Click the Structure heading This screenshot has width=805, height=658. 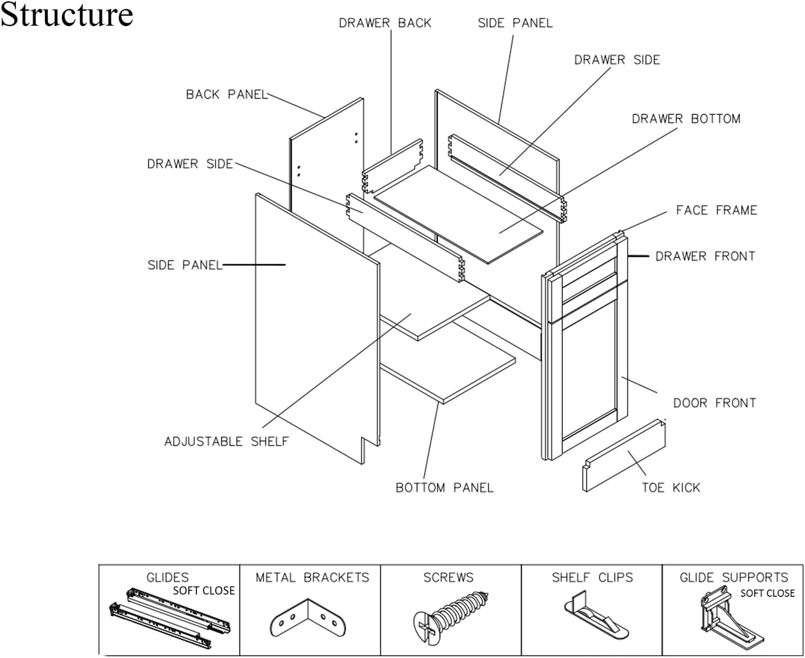67,15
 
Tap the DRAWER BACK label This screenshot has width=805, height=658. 385,23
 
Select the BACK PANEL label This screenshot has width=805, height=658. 227,94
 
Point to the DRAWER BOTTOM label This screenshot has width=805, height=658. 686,119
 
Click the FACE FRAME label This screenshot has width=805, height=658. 717,210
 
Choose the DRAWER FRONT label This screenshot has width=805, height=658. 705,256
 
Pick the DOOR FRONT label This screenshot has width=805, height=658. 714,403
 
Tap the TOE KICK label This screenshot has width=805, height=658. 671,488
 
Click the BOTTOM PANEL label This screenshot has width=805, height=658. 444,488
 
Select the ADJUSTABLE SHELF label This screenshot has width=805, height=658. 226,441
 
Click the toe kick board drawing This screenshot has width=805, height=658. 624,455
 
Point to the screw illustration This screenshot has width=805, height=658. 451,616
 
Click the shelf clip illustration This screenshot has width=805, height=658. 596,615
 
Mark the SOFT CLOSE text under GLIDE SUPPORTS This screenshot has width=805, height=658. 767,594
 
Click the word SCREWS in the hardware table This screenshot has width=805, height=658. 448,577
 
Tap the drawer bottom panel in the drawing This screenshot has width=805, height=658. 458,215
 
